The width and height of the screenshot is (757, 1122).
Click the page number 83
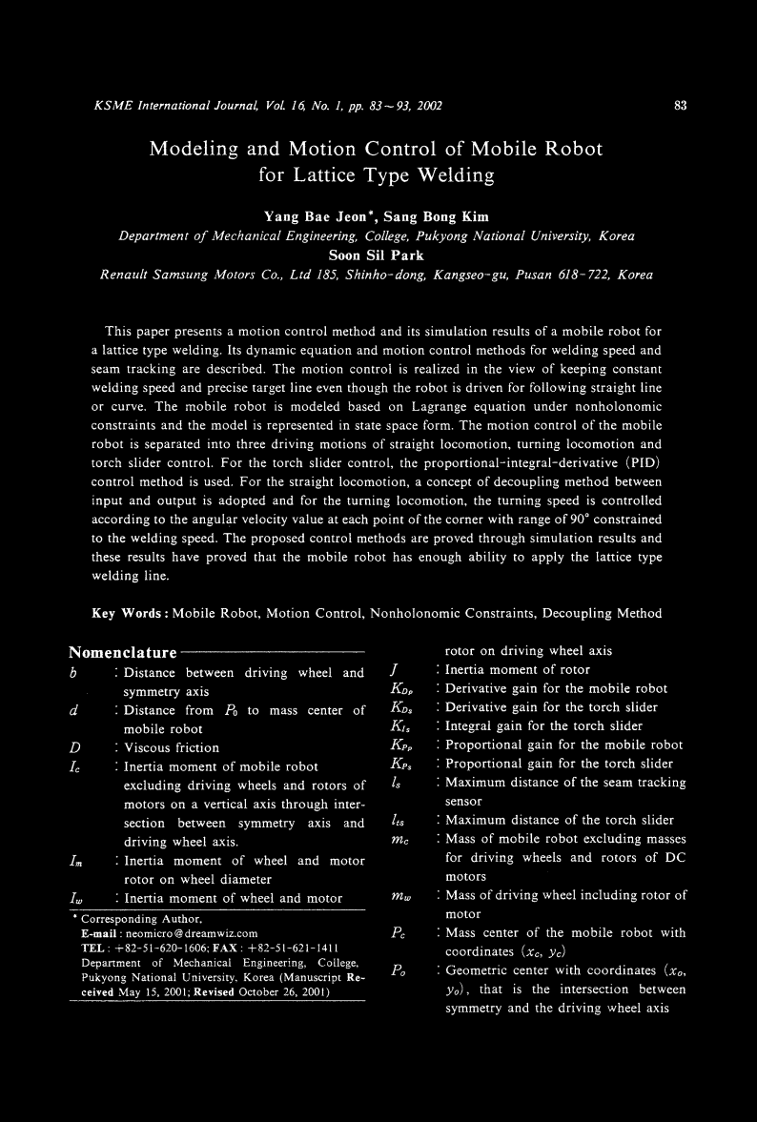[x=681, y=105]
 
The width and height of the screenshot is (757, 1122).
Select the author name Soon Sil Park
[x=377, y=255]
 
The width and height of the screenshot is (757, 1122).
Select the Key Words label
[x=129, y=613]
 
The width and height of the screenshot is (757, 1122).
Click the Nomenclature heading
[x=123, y=653]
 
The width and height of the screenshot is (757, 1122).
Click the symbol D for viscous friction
[x=74, y=747]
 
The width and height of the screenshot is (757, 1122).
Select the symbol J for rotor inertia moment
[x=394, y=670]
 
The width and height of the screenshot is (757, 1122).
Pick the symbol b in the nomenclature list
[x=73, y=672]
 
